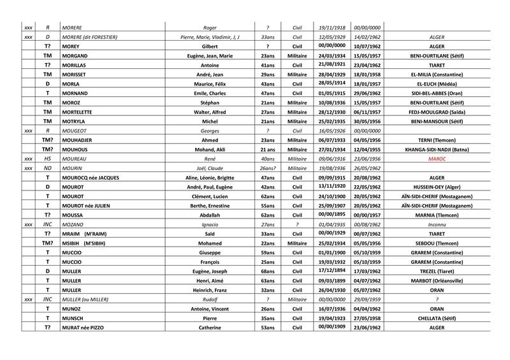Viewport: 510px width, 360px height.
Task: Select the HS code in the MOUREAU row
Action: click(48, 159)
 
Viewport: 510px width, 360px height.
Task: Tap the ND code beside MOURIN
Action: click(48, 168)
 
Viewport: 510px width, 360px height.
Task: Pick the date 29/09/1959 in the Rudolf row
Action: click(367, 299)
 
